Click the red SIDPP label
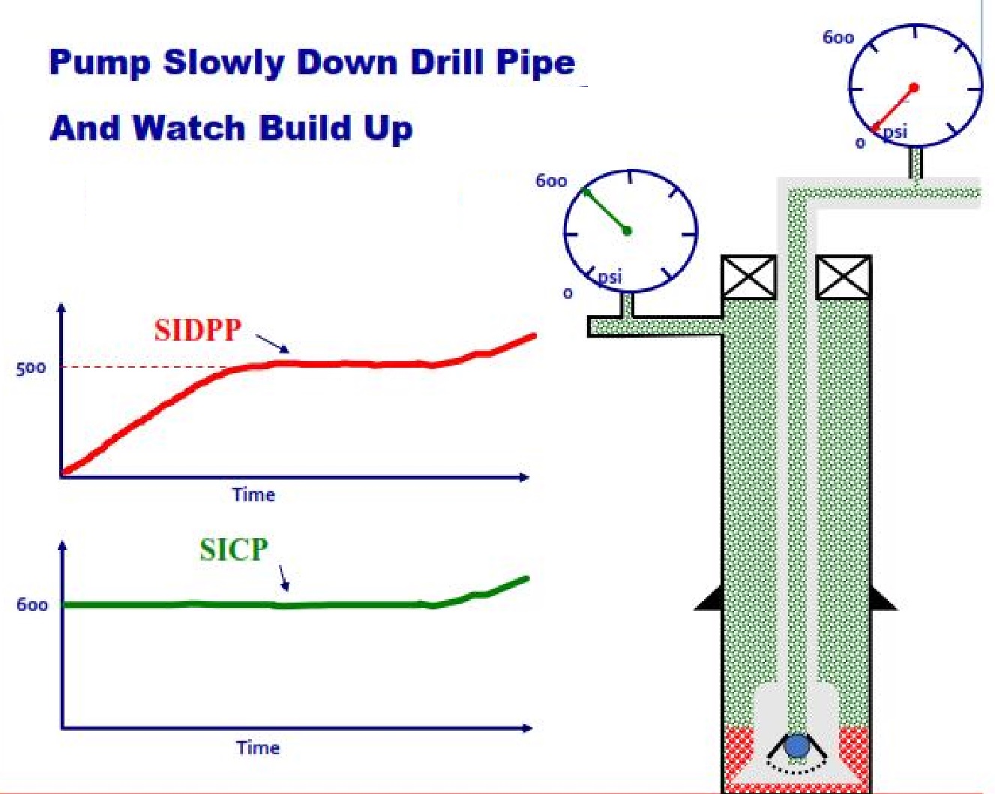(198, 330)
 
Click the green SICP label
(233, 550)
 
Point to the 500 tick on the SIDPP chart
(31, 368)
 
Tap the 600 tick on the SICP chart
(32, 605)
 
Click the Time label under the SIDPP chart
(253, 495)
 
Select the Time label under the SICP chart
(258, 747)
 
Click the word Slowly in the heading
(223, 62)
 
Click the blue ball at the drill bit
(796, 746)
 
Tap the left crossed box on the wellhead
(748, 278)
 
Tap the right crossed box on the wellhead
(843, 278)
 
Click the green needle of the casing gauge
(607, 212)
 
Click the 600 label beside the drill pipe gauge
(838, 38)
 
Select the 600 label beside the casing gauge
(551, 181)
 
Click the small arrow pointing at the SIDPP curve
(271, 344)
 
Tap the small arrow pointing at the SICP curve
(283, 577)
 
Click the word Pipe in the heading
(535, 62)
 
